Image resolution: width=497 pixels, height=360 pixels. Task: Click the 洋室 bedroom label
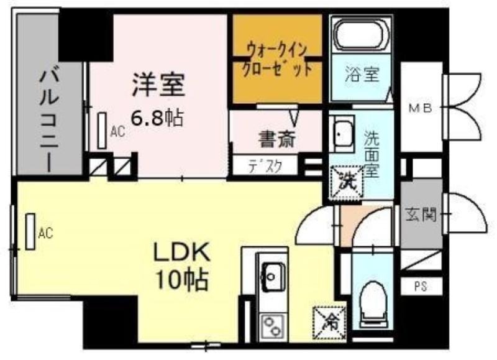pos(158,85)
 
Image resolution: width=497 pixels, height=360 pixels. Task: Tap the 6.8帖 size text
pos(157,118)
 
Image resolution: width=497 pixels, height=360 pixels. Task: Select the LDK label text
pos(181,252)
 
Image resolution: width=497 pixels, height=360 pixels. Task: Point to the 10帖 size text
pos(181,280)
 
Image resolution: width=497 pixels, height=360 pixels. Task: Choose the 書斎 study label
pos(277,139)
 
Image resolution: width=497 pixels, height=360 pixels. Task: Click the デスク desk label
pos(265,165)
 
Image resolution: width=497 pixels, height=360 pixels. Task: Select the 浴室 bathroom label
pos(362,74)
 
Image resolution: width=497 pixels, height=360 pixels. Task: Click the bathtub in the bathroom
pos(362,35)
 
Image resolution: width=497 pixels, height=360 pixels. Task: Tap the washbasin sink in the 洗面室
pos(341,134)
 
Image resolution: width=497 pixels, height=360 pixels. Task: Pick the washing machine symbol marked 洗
pos(347,182)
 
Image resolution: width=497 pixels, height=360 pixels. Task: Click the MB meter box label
pos(421,108)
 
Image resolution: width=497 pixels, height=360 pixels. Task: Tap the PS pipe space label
pos(421,287)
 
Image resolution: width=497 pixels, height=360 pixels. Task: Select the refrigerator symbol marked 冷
pos(329,323)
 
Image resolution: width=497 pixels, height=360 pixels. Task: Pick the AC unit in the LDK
pos(30,231)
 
